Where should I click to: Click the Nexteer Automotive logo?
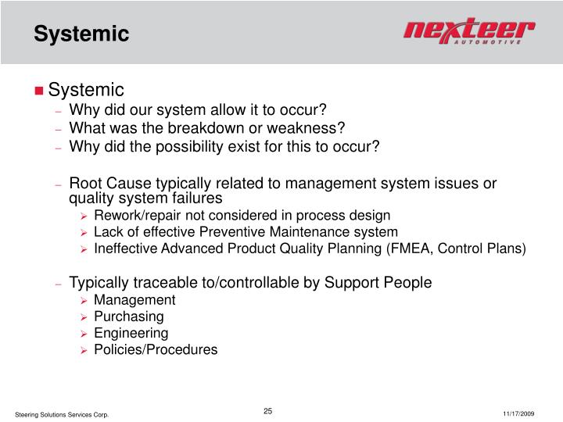pos(468,33)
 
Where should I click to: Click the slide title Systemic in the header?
pos(81,34)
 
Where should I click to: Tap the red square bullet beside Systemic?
pos(39,91)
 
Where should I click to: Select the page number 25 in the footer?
pos(267,411)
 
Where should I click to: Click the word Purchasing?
pos(128,316)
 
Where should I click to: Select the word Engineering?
pos(131,333)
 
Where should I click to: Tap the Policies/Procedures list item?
pos(156,349)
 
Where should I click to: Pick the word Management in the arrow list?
pos(134,300)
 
